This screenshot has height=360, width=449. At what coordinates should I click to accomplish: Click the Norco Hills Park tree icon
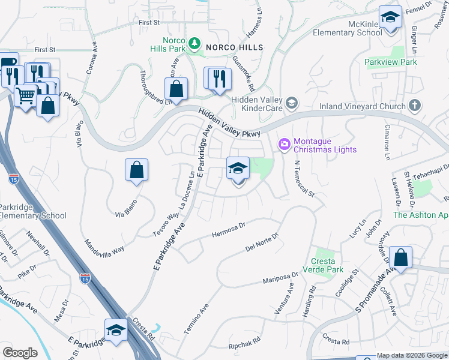pyautogui.click(x=194, y=43)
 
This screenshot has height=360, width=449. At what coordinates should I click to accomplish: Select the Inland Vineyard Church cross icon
pyautogui.click(x=414, y=106)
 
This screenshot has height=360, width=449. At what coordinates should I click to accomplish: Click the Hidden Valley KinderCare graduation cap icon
pyautogui.click(x=292, y=103)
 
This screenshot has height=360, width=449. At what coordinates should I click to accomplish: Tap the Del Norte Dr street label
pyautogui.click(x=262, y=243)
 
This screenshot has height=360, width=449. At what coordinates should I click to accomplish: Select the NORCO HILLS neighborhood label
pyautogui.click(x=235, y=47)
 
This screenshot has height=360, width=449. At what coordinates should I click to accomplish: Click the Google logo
pyautogui.click(x=20, y=353)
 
